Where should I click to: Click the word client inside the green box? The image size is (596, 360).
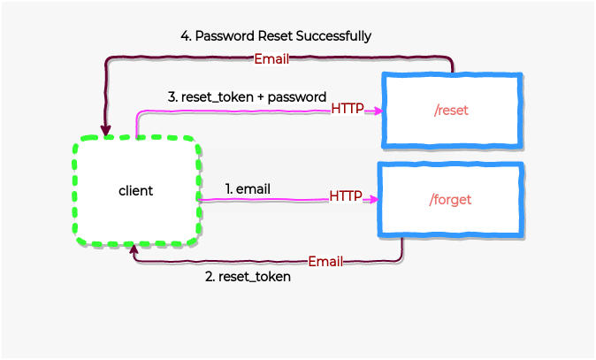(135, 190)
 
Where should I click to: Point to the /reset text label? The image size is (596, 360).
(452, 111)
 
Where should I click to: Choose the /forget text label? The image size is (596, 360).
(450, 200)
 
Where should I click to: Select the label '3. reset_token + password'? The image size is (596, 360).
(248, 96)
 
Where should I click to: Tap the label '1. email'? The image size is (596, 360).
(248, 188)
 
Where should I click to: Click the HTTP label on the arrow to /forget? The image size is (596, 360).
(346, 195)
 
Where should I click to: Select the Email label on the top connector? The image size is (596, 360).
(271, 59)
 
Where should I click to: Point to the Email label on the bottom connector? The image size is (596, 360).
(325, 262)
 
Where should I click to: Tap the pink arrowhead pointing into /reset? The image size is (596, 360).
(377, 111)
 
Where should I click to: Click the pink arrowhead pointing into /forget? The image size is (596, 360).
(374, 200)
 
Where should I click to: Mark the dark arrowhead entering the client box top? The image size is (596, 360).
(106, 132)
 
